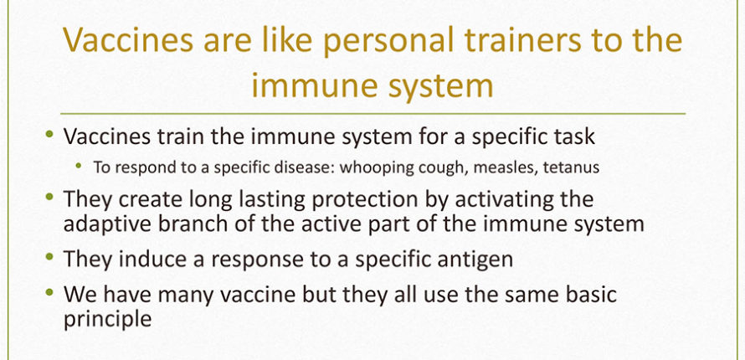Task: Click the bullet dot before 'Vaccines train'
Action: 49,135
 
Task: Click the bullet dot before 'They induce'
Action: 49,256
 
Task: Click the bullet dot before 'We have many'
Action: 49,291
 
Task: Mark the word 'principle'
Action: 107,320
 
